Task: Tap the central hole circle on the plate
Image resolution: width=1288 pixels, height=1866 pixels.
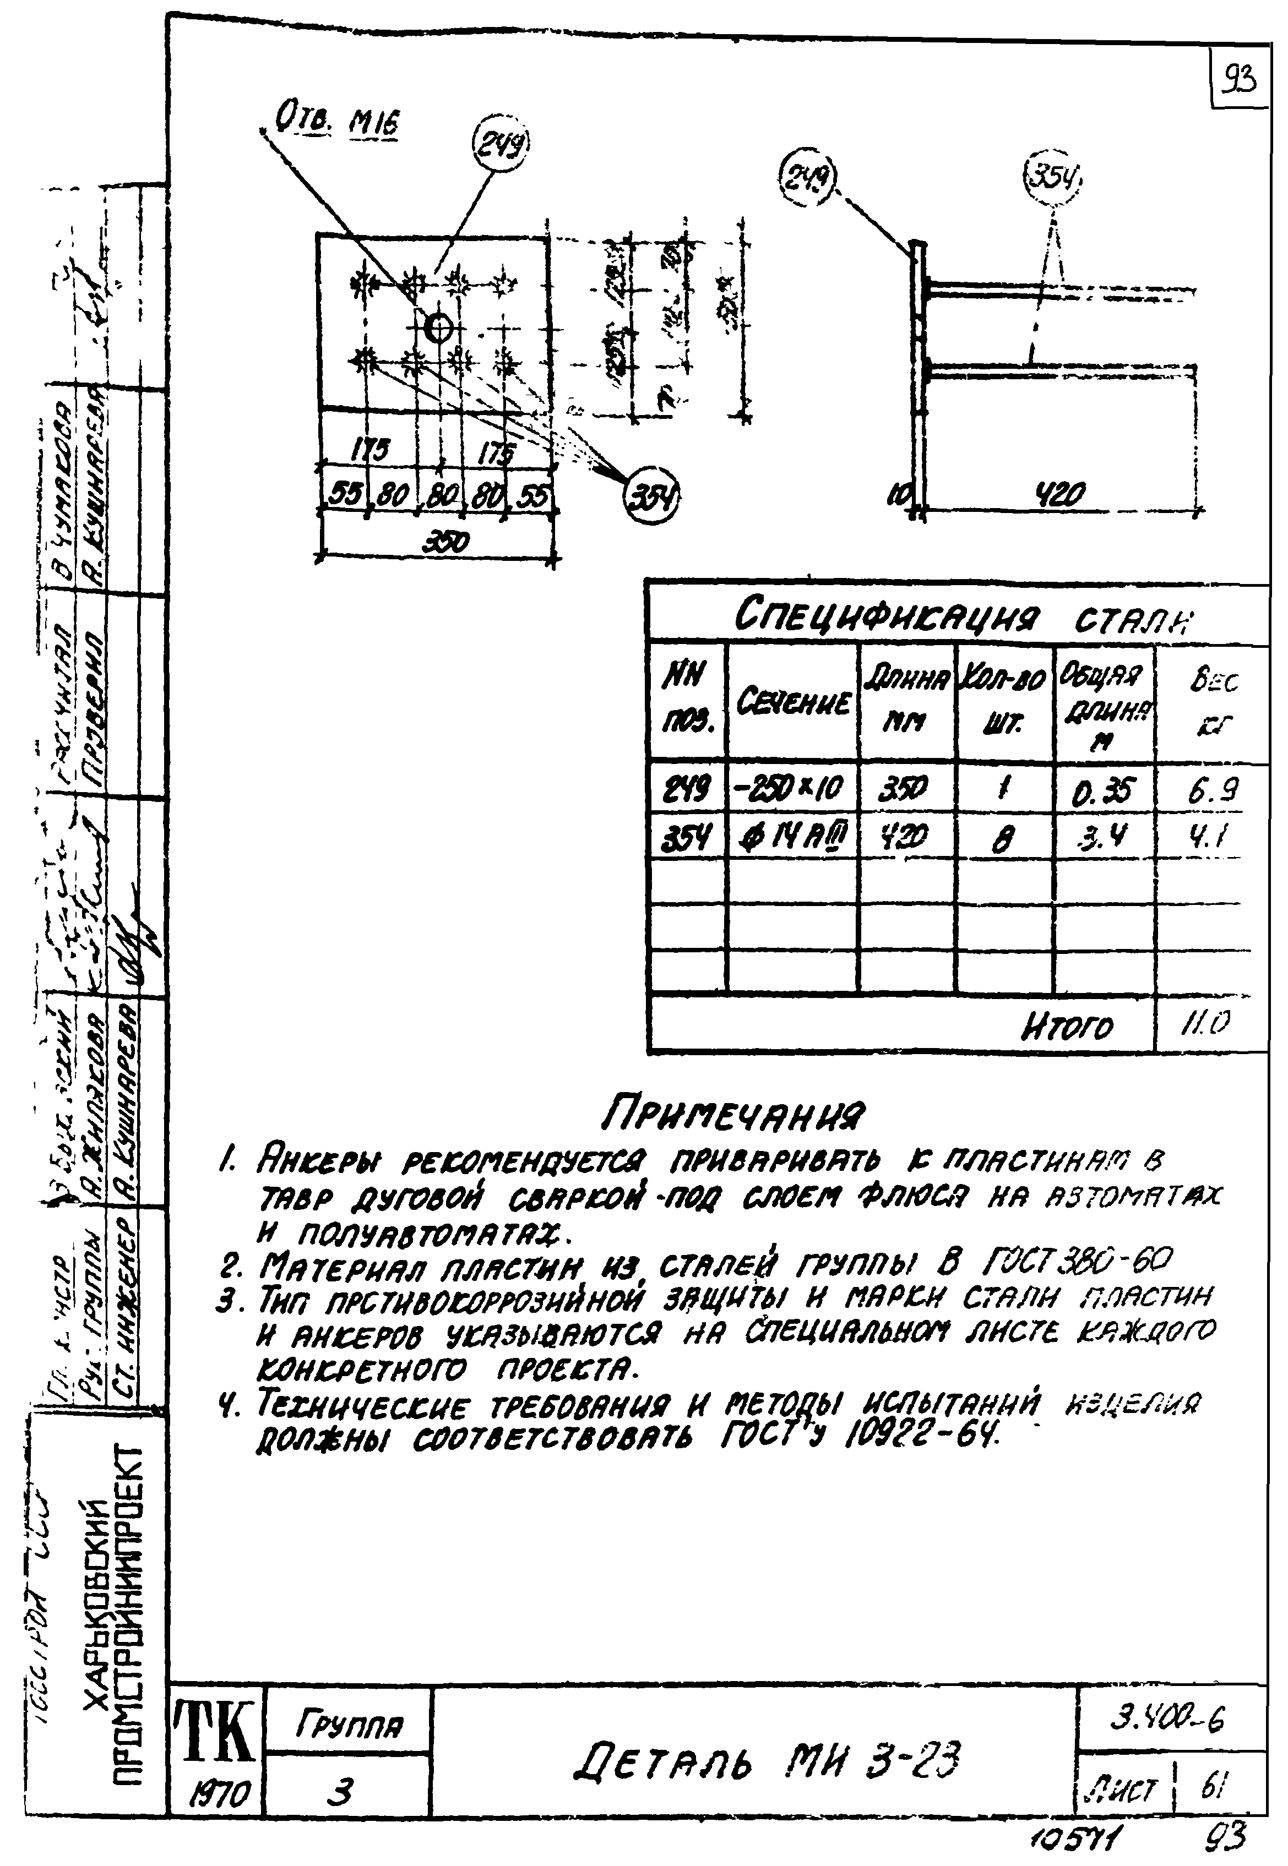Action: point(438,328)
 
